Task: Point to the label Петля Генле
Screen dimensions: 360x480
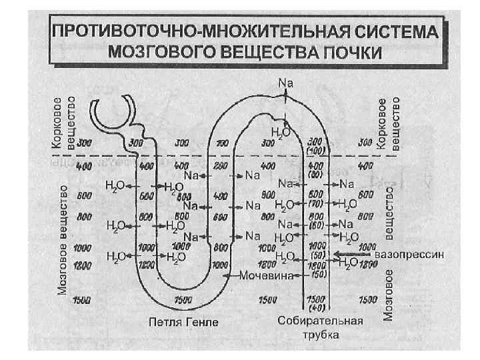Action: tap(183, 322)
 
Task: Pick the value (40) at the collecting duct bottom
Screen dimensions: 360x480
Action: tap(316, 308)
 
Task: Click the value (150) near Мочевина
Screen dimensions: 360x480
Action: tap(317, 273)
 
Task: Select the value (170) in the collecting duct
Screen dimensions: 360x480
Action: tap(316, 204)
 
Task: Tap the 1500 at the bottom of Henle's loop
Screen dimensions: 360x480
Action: tap(183, 299)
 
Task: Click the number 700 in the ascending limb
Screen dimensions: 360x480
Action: tap(221, 143)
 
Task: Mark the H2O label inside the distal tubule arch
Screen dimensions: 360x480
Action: tap(281, 132)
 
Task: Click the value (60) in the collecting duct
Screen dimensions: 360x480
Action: tap(316, 225)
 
